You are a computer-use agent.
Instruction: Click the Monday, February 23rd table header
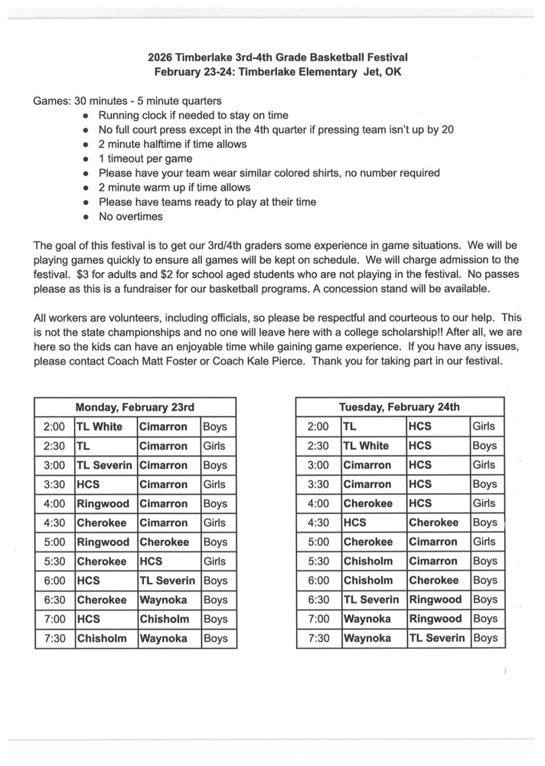point(135,407)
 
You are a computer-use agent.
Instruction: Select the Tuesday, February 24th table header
point(400,407)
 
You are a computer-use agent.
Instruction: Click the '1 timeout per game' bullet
point(145,159)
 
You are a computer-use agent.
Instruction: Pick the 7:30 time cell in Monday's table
point(55,638)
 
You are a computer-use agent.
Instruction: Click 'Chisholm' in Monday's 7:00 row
point(163,619)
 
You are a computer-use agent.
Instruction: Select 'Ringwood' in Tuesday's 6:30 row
point(436,600)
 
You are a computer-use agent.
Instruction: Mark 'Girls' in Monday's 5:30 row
point(214,561)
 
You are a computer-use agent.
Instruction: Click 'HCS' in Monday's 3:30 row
point(89,484)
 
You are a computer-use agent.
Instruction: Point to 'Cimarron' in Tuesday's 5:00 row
point(433,542)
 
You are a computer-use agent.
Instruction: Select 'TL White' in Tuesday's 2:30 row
point(366,446)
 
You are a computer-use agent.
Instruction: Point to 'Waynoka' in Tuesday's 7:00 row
point(367,619)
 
